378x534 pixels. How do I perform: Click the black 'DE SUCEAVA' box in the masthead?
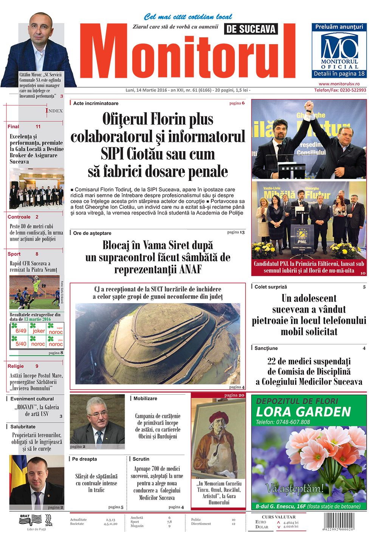click(x=251, y=29)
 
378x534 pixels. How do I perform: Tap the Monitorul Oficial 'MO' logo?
click(x=339, y=47)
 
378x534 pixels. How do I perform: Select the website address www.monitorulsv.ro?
click(x=339, y=84)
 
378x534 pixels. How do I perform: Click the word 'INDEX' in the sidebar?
click(x=54, y=111)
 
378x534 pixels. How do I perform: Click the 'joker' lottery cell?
click(x=39, y=331)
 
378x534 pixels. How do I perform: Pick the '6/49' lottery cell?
click(x=21, y=331)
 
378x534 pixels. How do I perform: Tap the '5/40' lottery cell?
click(x=21, y=344)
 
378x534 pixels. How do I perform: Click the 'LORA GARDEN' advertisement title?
click(x=303, y=412)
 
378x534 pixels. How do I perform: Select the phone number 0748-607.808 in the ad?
click(x=283, y=422)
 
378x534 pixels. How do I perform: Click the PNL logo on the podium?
click(x=302, y=236)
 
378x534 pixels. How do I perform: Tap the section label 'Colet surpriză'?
click(x=271, y=287)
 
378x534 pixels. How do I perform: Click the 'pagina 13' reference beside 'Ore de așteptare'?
click(x=236, y=232)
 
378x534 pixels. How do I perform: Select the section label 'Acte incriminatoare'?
click(x=96, y=103)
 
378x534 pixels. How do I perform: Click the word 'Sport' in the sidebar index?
click(x=14, y=254)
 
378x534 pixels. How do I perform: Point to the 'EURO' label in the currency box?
click(x=261, y=522)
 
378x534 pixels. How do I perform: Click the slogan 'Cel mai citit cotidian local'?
click(x=188, y=17)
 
